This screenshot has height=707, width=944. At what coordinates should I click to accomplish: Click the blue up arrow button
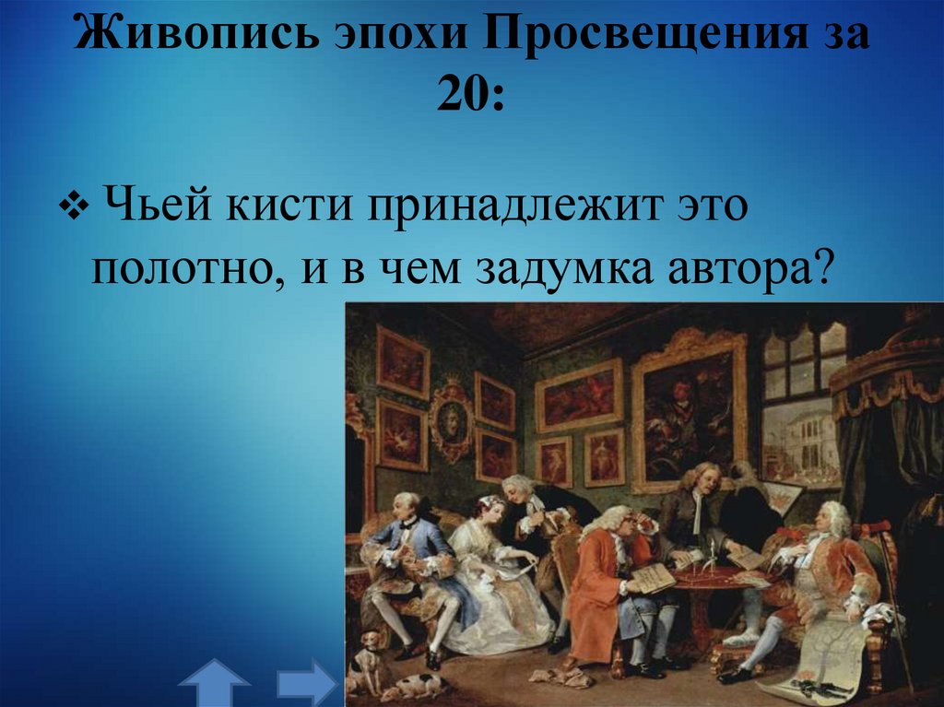click(x=214, y=684)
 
